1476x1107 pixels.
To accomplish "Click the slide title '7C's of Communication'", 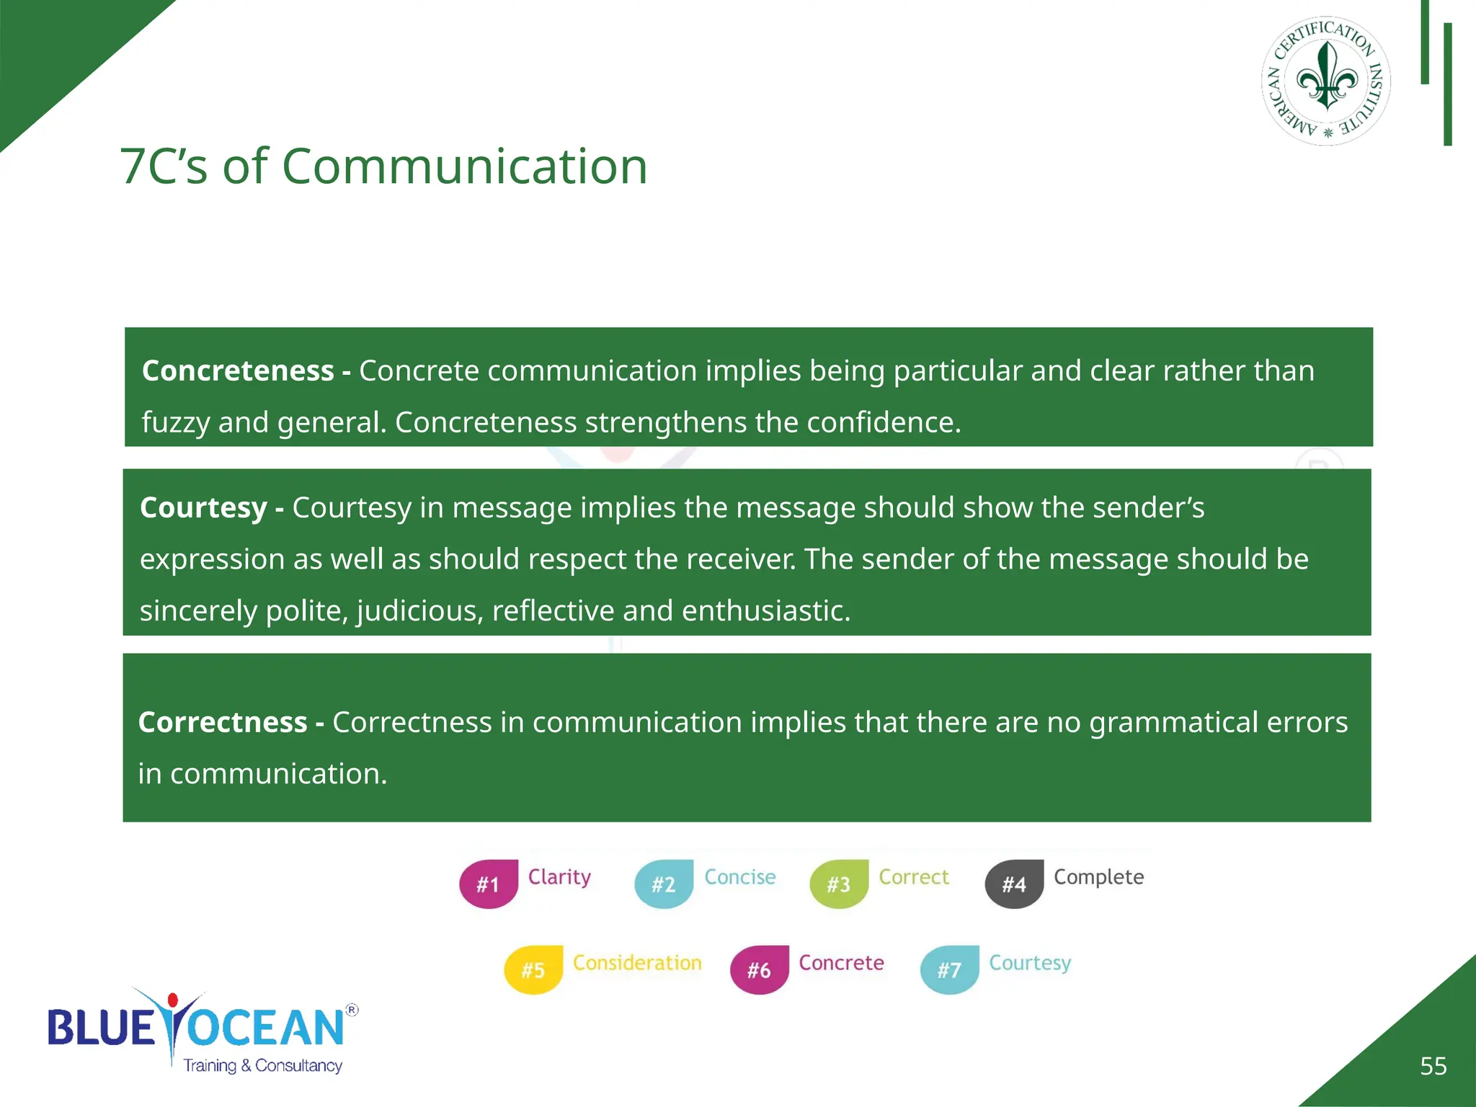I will pos(383,166).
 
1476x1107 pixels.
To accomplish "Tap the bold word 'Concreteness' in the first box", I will pos(238,370).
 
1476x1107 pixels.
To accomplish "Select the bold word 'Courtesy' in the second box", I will pos(203,507).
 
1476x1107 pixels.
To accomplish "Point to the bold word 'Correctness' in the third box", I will pos(223,722).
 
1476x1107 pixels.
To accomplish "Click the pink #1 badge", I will pos(489,884).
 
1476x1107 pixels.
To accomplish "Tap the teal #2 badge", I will pos(664,884).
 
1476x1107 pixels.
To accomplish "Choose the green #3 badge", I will pos(839,884).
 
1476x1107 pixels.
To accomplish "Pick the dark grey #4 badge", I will pos(1014,884).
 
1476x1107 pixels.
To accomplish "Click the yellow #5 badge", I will pos(533,970).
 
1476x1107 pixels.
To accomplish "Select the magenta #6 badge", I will pos(760,970).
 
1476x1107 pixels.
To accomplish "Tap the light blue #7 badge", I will pos(950,970).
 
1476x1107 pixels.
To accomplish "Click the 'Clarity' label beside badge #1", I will pos(559,877).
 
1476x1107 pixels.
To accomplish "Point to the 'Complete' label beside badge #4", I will pos(1098,877).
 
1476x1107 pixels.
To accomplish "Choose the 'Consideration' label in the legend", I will pos(637,963).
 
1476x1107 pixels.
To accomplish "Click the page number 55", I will pos(1433,1066).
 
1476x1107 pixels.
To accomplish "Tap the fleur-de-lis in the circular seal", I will pos(1327,76).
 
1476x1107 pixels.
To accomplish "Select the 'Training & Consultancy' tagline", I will pos(262,1066).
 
